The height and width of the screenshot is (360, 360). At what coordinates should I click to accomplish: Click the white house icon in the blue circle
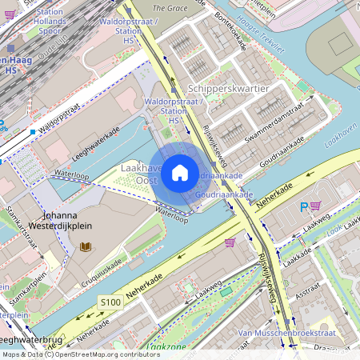click(x=180, y=172)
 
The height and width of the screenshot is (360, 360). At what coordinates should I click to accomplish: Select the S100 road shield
click(x=110, y=302)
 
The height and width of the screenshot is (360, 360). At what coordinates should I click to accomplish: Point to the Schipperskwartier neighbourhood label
click(x=227, y=88)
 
